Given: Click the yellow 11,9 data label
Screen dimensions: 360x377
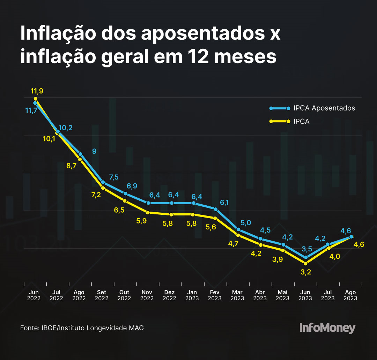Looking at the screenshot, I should tap(37, 91).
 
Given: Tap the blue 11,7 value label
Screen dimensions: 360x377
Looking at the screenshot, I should tap(31, 110).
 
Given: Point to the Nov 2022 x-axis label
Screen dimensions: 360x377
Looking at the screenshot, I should tap(147, 295).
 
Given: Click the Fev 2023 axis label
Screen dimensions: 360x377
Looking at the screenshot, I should tap(215, 295).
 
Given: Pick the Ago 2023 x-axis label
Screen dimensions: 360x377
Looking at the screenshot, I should tap(350, 295).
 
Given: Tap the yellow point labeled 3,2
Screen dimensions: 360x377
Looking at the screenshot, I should tap(305, 263).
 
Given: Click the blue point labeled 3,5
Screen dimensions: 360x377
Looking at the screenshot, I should tap(305, 257).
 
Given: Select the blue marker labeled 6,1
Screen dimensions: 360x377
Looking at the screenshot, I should tap(215, 209).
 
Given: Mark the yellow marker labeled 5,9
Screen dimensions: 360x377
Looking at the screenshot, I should tap(148, 212).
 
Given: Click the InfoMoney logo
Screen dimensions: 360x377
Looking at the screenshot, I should tap(327, 328).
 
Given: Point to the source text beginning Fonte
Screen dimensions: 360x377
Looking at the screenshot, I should tap(82, 328).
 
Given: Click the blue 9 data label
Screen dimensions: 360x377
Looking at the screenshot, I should tap(94, 151).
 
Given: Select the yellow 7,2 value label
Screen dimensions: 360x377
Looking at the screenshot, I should tap(96, 195).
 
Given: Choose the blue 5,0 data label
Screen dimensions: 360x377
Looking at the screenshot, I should tap(246, 222).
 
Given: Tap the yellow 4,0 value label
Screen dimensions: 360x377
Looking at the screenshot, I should tap(334, 257).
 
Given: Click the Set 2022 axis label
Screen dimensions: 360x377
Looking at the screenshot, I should tap(102, 295).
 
